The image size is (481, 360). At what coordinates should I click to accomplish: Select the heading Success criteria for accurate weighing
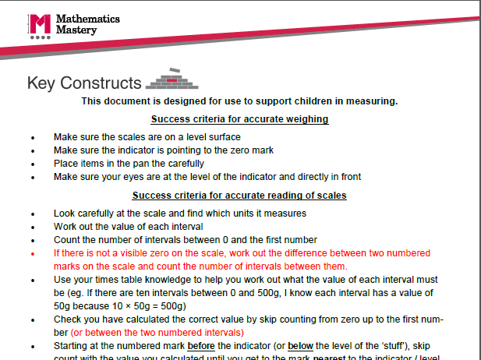pos(239,119)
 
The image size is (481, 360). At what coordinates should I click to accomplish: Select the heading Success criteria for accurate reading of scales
pos(239,195)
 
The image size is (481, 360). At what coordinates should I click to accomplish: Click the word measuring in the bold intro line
pos(373,101)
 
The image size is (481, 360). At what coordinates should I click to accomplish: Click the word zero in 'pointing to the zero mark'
pos(232,150)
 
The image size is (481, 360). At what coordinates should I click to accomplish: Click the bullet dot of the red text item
pos(33,254)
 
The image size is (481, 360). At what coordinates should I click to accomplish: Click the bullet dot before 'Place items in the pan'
pos(33,164)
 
